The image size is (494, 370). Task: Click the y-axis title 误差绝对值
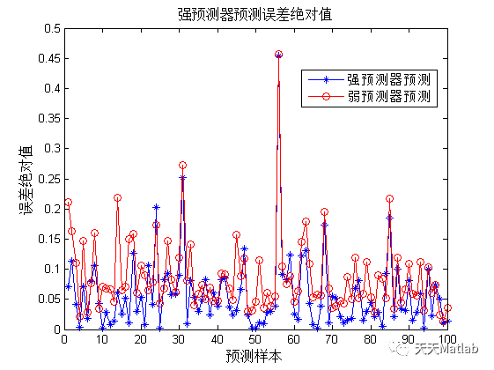(x=26, y=179)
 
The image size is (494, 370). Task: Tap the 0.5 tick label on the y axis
(x=50, y=28)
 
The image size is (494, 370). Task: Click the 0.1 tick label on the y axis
(x=50, y=270)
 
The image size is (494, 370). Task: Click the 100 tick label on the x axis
(x=446, y=339)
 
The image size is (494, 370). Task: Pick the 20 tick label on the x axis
(x=140, y=339)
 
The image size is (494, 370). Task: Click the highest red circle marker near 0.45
(x=279, y=55)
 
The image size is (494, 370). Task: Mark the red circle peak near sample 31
(x=182, y=166)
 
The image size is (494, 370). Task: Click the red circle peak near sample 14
(x=117, y=198)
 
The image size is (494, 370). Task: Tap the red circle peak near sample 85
(x=389, y=199)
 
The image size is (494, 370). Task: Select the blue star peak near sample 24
(x=156, y=208)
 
